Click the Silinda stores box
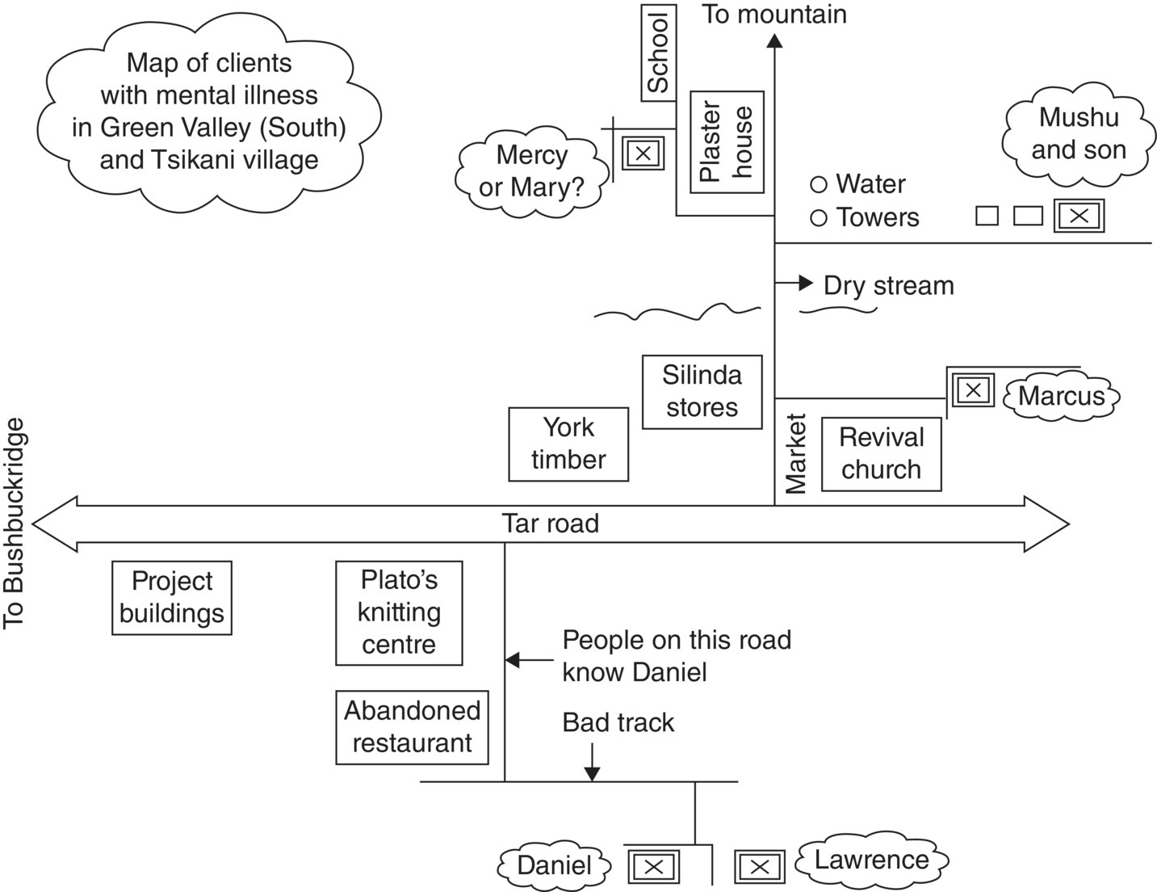click(702, 392)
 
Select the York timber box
click(568, 444)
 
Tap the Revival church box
click(881, 454)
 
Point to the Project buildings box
click(171, 598)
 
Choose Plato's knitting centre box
click(399, 612)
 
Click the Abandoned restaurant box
click(412, 727)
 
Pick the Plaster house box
click(727, 142)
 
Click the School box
click(659, 53)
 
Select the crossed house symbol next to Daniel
click(654, 867)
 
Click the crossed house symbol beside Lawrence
click(760, 867)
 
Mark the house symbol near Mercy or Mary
click(643, 153)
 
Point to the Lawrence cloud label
click(871, 860)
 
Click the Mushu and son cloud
click(1078, 133)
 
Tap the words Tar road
click(551, 524)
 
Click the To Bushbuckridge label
click(15, 524)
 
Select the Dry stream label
click(888, 285)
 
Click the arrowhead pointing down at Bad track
click(592, 773)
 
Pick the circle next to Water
click(819, 185)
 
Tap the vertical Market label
click(796, 453)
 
